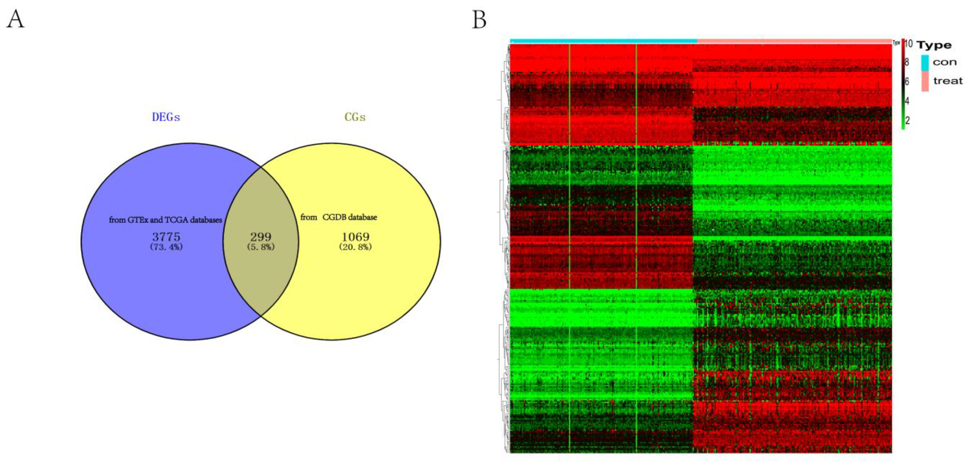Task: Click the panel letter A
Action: (15, 19)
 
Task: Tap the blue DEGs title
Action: (166, 117)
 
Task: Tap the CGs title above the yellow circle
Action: (355, 117)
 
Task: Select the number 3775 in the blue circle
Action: (166, 236)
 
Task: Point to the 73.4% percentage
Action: (166, 247)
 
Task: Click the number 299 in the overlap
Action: (261, 236)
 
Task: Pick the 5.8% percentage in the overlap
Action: (261, 247)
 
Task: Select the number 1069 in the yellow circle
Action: (355, 236)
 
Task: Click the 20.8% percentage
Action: (355, 247)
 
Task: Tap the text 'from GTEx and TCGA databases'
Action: (165, 220)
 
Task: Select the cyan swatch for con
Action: (925, 63)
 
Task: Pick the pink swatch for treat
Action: (925, 81)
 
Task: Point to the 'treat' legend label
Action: (948, 81)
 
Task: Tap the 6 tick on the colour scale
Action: (907, 81)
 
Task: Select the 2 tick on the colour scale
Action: (907, 120)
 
